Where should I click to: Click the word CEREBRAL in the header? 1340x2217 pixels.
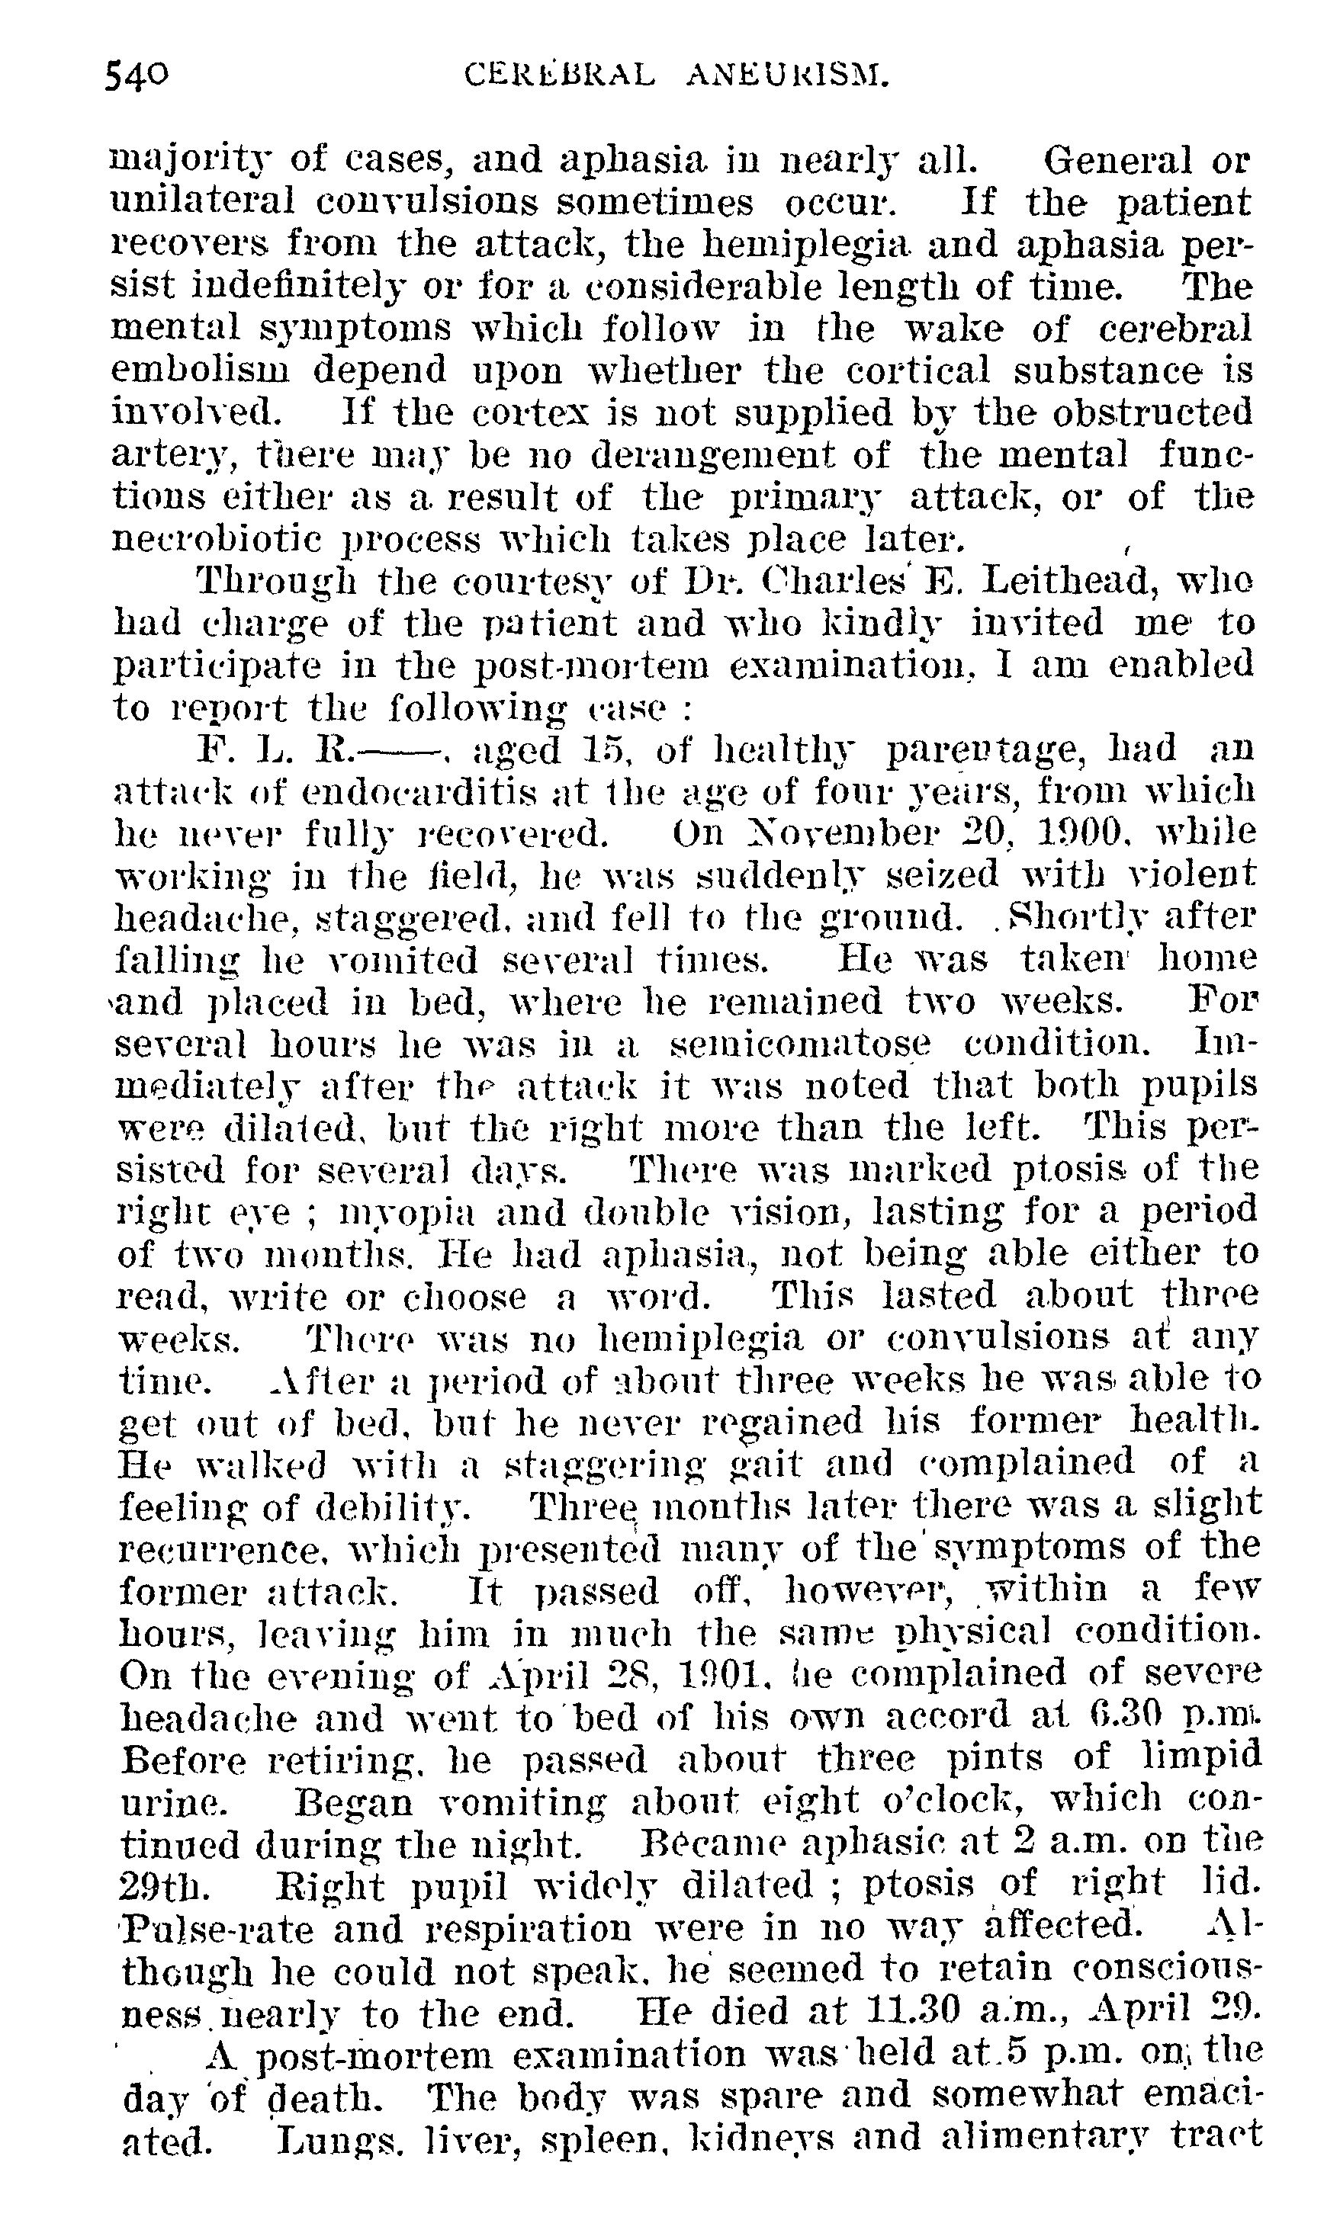pos(560,75)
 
